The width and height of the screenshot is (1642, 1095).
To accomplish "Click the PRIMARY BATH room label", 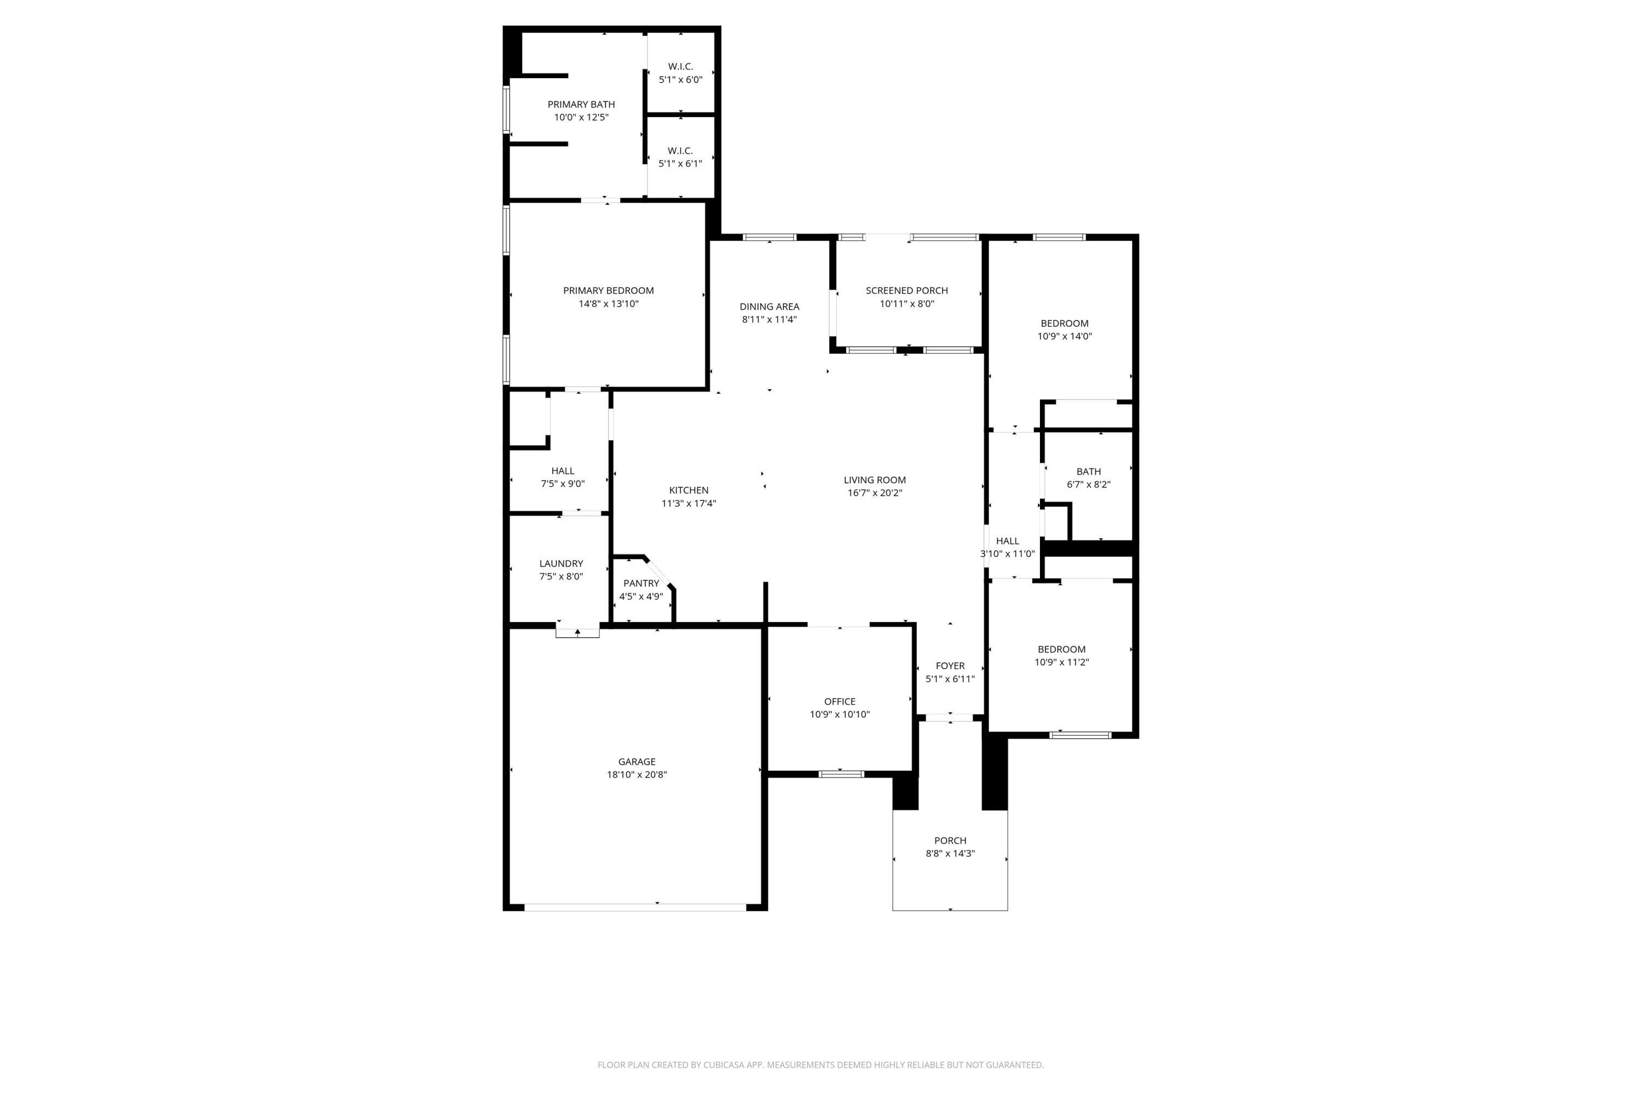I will coord(581,105).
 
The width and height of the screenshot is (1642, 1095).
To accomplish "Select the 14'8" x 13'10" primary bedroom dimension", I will coord(608,304).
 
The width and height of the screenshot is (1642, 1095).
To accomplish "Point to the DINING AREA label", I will coord(770,307).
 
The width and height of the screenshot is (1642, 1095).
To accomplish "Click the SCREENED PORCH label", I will coord(906,291).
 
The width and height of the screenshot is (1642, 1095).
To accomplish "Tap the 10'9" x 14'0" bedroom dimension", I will coord(1064,336).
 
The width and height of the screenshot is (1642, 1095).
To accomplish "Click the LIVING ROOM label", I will coord(874,480).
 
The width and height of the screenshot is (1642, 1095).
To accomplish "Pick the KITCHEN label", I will coord(689,490).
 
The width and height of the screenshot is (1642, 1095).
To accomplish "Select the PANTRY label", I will coord(641,583).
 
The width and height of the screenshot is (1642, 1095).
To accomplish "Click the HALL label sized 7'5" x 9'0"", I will coord(562,471).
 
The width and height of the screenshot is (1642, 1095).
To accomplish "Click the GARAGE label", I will coord(636,762).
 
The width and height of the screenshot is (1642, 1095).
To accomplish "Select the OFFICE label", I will coord(839,701).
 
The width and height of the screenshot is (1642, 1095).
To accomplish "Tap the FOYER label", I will coord(950,666).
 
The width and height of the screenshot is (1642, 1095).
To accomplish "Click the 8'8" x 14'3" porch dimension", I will coord(950,854).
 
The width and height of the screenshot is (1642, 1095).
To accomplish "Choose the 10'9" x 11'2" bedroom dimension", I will coord(1061,662).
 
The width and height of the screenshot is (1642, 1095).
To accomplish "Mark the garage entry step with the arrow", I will coord(577,633).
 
